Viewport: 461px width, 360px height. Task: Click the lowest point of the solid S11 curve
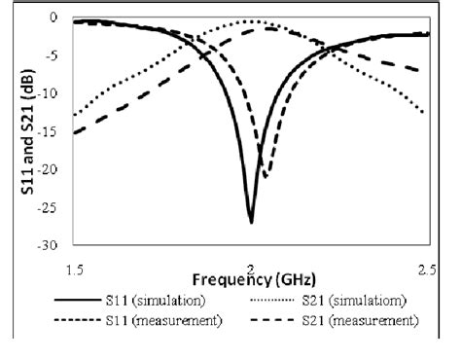[x=251, y=222]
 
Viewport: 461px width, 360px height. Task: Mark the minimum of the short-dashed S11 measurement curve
[x=265, y=176]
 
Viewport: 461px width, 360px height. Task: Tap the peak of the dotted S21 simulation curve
[x=252, y=21]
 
